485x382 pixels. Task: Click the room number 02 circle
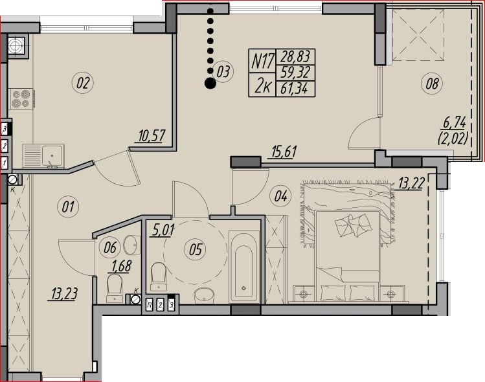pos(83,83)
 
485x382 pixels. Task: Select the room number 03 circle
pos(223,72)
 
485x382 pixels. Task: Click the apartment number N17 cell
pos(263,61)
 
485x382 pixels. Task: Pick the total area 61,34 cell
pos(295,89)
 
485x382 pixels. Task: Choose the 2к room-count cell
pos(263,85)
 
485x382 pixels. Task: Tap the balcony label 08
pos(432,84)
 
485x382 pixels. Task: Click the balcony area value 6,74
pos(455,123)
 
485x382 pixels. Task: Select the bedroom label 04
pos(280,196)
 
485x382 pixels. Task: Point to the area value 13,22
pos(411,184)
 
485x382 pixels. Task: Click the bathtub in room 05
pos(243,267)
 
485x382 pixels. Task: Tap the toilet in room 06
pos(115,288)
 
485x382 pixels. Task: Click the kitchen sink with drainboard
pos(43,156)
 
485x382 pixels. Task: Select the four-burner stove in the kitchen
pos(21,99)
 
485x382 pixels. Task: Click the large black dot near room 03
pos(210,84)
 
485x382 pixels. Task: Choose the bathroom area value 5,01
pos(163,230)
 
